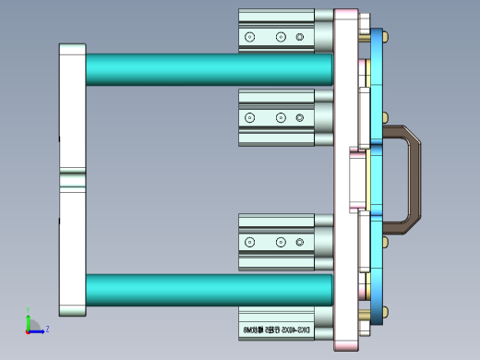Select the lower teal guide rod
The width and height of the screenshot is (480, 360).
[208, 289]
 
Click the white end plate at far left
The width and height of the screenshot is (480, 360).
[72, 111]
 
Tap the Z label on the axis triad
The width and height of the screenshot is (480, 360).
[47, 328]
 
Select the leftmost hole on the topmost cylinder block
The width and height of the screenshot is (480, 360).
[249, 37]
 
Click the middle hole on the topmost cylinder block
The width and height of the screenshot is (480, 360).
[280, 37]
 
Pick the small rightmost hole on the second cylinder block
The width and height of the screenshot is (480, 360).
[299, 118]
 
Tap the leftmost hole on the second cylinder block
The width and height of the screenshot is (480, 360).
[249, 118]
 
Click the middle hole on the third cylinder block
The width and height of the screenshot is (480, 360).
[280, 242]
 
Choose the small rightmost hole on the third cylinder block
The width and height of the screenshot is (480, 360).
[299, 242]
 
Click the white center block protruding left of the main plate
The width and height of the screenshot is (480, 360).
[355, 180]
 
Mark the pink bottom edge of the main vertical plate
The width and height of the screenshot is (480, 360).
[346, 346]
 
